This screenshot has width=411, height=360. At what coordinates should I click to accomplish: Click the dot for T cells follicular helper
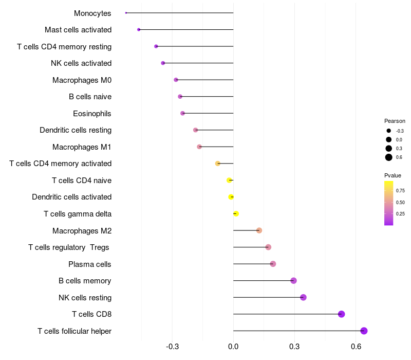364,331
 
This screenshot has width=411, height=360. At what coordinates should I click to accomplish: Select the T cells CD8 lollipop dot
341,314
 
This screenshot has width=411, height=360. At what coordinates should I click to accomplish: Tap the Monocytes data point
126,13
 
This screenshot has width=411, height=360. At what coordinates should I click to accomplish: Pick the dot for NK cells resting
303,297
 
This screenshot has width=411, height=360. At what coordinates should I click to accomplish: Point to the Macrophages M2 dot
259,230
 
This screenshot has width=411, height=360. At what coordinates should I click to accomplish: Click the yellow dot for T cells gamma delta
236,214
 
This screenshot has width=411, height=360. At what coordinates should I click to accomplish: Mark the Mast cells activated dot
139,30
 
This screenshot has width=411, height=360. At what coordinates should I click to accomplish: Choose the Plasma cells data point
273,264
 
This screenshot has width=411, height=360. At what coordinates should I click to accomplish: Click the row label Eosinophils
92,114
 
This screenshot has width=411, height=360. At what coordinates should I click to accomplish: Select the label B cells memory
85,281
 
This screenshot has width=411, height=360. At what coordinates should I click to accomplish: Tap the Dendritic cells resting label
76,130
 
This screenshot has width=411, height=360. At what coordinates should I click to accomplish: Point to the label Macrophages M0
82,80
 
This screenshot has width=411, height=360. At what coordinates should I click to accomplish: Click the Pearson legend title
395,121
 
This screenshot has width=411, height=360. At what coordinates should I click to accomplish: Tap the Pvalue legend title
393,175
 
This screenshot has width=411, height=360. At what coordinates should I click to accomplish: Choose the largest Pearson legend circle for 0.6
389,157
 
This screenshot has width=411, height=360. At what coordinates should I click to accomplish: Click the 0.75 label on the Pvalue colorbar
400,191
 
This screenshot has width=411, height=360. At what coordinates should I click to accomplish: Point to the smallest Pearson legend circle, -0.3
389,131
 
